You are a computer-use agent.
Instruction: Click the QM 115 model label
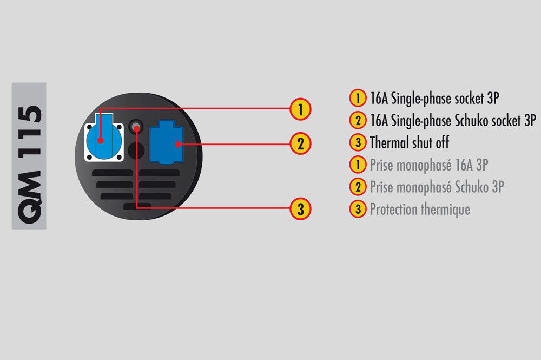pyautogui.click(x=29, y=155)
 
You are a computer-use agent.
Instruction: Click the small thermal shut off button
pyautogui.click(x=136, y=128)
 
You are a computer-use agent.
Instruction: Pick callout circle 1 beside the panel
pyautogui.click(x=300, y=109)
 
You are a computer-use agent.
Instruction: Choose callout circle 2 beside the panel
pyautogui.click(x=300, y=144)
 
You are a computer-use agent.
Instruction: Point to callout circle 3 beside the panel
pyautogui.click(x=300, y=208)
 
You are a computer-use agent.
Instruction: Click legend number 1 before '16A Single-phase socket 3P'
pyautogui.click(x=357, y=99)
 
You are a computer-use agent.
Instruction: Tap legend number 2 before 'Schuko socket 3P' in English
pyautogui.click(x=357, y=121)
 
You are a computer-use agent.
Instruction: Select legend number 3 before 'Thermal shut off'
pyautogui.click(x=357, y=143)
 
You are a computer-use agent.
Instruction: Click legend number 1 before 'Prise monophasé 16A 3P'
pyautogui.click(x=357, y=165)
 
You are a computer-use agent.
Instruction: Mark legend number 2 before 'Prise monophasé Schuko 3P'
pyautogui.click(x=357, y=187)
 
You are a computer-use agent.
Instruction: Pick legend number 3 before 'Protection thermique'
pyautogui.click(x=357, y=209)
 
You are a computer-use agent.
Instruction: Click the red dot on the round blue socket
pyautogui.click(x=101, y=141)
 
